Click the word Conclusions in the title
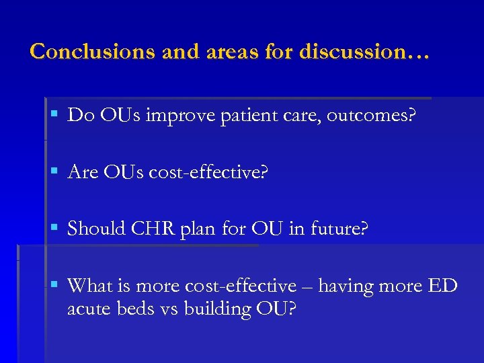pyautogui.click(x=93, y=51)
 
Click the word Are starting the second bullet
pyautogui.click(x=83, y=173)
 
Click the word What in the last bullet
pyautogui.click(x=91, y=286)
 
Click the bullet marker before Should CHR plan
pyautogui.click(x=54, y=229)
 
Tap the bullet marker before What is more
pyautogui.click(x=54, y=286)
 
